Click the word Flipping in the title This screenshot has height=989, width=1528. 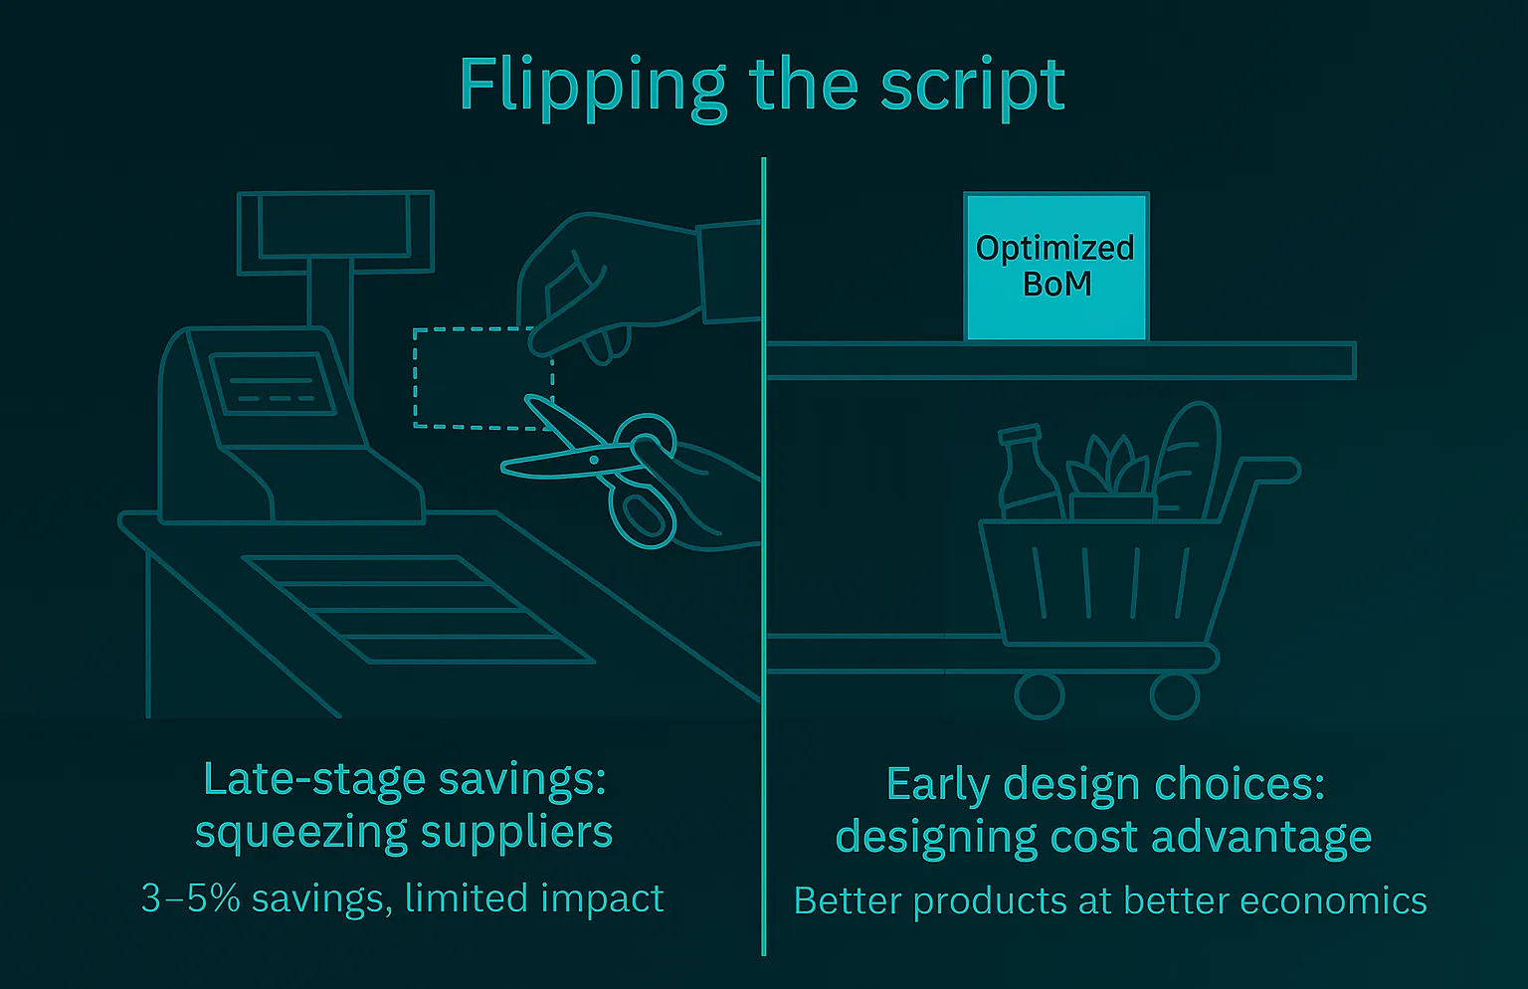tap(592, 89)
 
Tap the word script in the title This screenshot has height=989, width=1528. tap(973, 88)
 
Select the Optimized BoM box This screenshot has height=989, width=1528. tap(1056, 267)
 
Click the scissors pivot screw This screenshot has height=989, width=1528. tap(595, 461)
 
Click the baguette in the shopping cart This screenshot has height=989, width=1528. tap(1188, 461)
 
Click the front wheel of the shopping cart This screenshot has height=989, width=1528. tap(1039, 695)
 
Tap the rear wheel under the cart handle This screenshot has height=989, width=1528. tap(1175, 695)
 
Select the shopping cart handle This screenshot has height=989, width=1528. tap(1268, 471)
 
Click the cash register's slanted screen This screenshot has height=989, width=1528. tap(273, 384)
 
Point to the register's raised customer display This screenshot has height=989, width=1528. tap(335, 232)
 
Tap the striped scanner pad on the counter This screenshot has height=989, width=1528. tap(418, 609)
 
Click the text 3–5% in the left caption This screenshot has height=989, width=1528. tap(191, 898)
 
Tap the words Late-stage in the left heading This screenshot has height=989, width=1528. tap(314, 780)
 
